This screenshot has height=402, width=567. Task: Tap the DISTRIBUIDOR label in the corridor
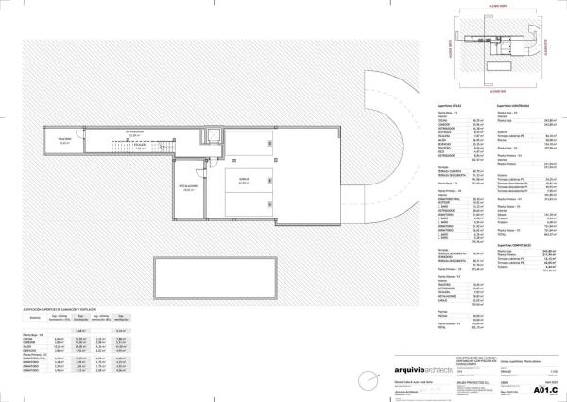(x=135, y=131)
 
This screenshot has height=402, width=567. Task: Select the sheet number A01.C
(x=545, y=389)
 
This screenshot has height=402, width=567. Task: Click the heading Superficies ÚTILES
(x=451, y=105)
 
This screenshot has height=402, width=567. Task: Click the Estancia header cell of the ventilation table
(x=33, y=318)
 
